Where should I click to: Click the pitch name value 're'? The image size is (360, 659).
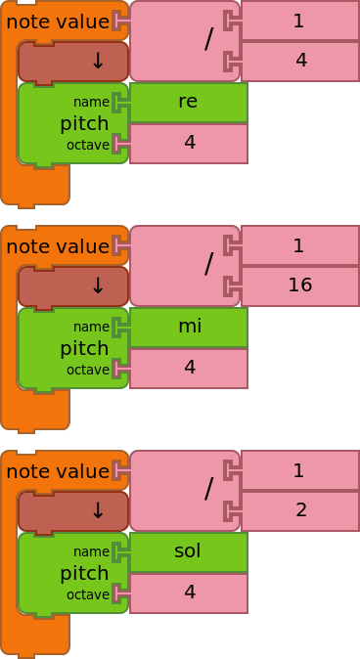(188, 102)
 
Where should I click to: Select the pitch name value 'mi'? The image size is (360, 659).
(188, 327)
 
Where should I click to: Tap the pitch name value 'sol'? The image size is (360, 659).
(188, 551)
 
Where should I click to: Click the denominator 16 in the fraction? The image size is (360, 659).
(299, 286)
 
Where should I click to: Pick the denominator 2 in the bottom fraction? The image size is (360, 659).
(299, 510)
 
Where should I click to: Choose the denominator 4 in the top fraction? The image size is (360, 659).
(299, 61)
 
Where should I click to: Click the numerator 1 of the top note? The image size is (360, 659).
(299, 21)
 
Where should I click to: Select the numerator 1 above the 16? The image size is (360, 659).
(299, 245)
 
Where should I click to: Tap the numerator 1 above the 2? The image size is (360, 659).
(299, 470)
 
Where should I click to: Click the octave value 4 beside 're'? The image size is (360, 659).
(188, 143)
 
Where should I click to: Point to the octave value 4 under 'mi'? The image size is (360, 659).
(188, 368)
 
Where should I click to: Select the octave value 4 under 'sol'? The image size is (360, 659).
(188, 593)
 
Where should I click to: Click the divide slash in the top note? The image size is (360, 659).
(208, 40)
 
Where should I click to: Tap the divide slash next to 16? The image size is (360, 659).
(208, 265)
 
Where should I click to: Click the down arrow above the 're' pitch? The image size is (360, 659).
(97, 62)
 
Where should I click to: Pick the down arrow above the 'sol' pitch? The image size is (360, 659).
(97, 511)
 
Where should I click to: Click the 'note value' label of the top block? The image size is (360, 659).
(57, 21)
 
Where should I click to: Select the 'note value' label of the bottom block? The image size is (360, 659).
(57, 470)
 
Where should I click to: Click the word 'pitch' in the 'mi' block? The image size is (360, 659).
(84, 348)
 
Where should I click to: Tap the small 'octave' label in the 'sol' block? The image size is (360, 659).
(87, 594)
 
